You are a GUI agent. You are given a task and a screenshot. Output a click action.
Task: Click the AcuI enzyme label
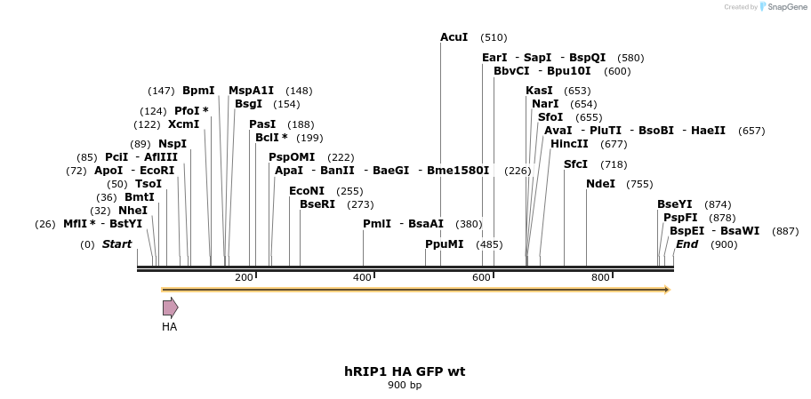click(454, 37)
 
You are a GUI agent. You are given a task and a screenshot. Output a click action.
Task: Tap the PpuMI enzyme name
click(444, 244)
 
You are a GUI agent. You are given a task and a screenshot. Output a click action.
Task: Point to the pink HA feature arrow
click(170, 308)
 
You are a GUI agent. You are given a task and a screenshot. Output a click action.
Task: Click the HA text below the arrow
click(169, 327)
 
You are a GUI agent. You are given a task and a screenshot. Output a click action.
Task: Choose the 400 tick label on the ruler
click(362, 278)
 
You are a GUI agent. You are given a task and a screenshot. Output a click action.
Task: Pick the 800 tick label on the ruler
click(600, 278)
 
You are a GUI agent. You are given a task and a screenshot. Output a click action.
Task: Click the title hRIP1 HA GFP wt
click(405, 371)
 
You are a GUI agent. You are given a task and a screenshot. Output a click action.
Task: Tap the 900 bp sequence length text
click(405, 386)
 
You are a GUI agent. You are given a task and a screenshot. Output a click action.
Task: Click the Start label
click(116, 244)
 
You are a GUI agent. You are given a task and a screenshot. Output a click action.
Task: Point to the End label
click(687, 244)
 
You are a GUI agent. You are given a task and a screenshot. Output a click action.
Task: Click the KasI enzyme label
click(539, 91)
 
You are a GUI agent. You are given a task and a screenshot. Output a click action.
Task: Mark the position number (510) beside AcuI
click(494, 38)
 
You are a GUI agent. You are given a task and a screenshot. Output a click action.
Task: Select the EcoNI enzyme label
click(307, 191)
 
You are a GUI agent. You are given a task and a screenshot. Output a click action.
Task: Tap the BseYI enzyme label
click(674, 204)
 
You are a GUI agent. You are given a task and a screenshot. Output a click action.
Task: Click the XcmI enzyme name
click(183, 124)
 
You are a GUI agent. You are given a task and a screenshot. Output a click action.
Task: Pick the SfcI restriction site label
click(576, 164)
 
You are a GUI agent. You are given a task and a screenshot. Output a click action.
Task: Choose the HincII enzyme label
click(569, 144)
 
